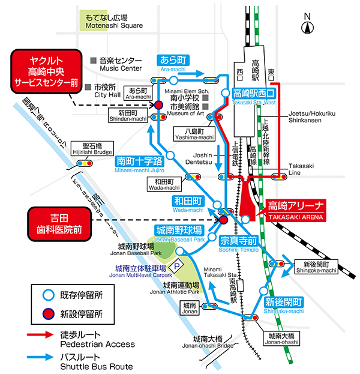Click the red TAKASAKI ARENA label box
296,210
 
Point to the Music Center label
121,65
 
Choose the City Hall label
107,91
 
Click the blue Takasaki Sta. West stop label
254,95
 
